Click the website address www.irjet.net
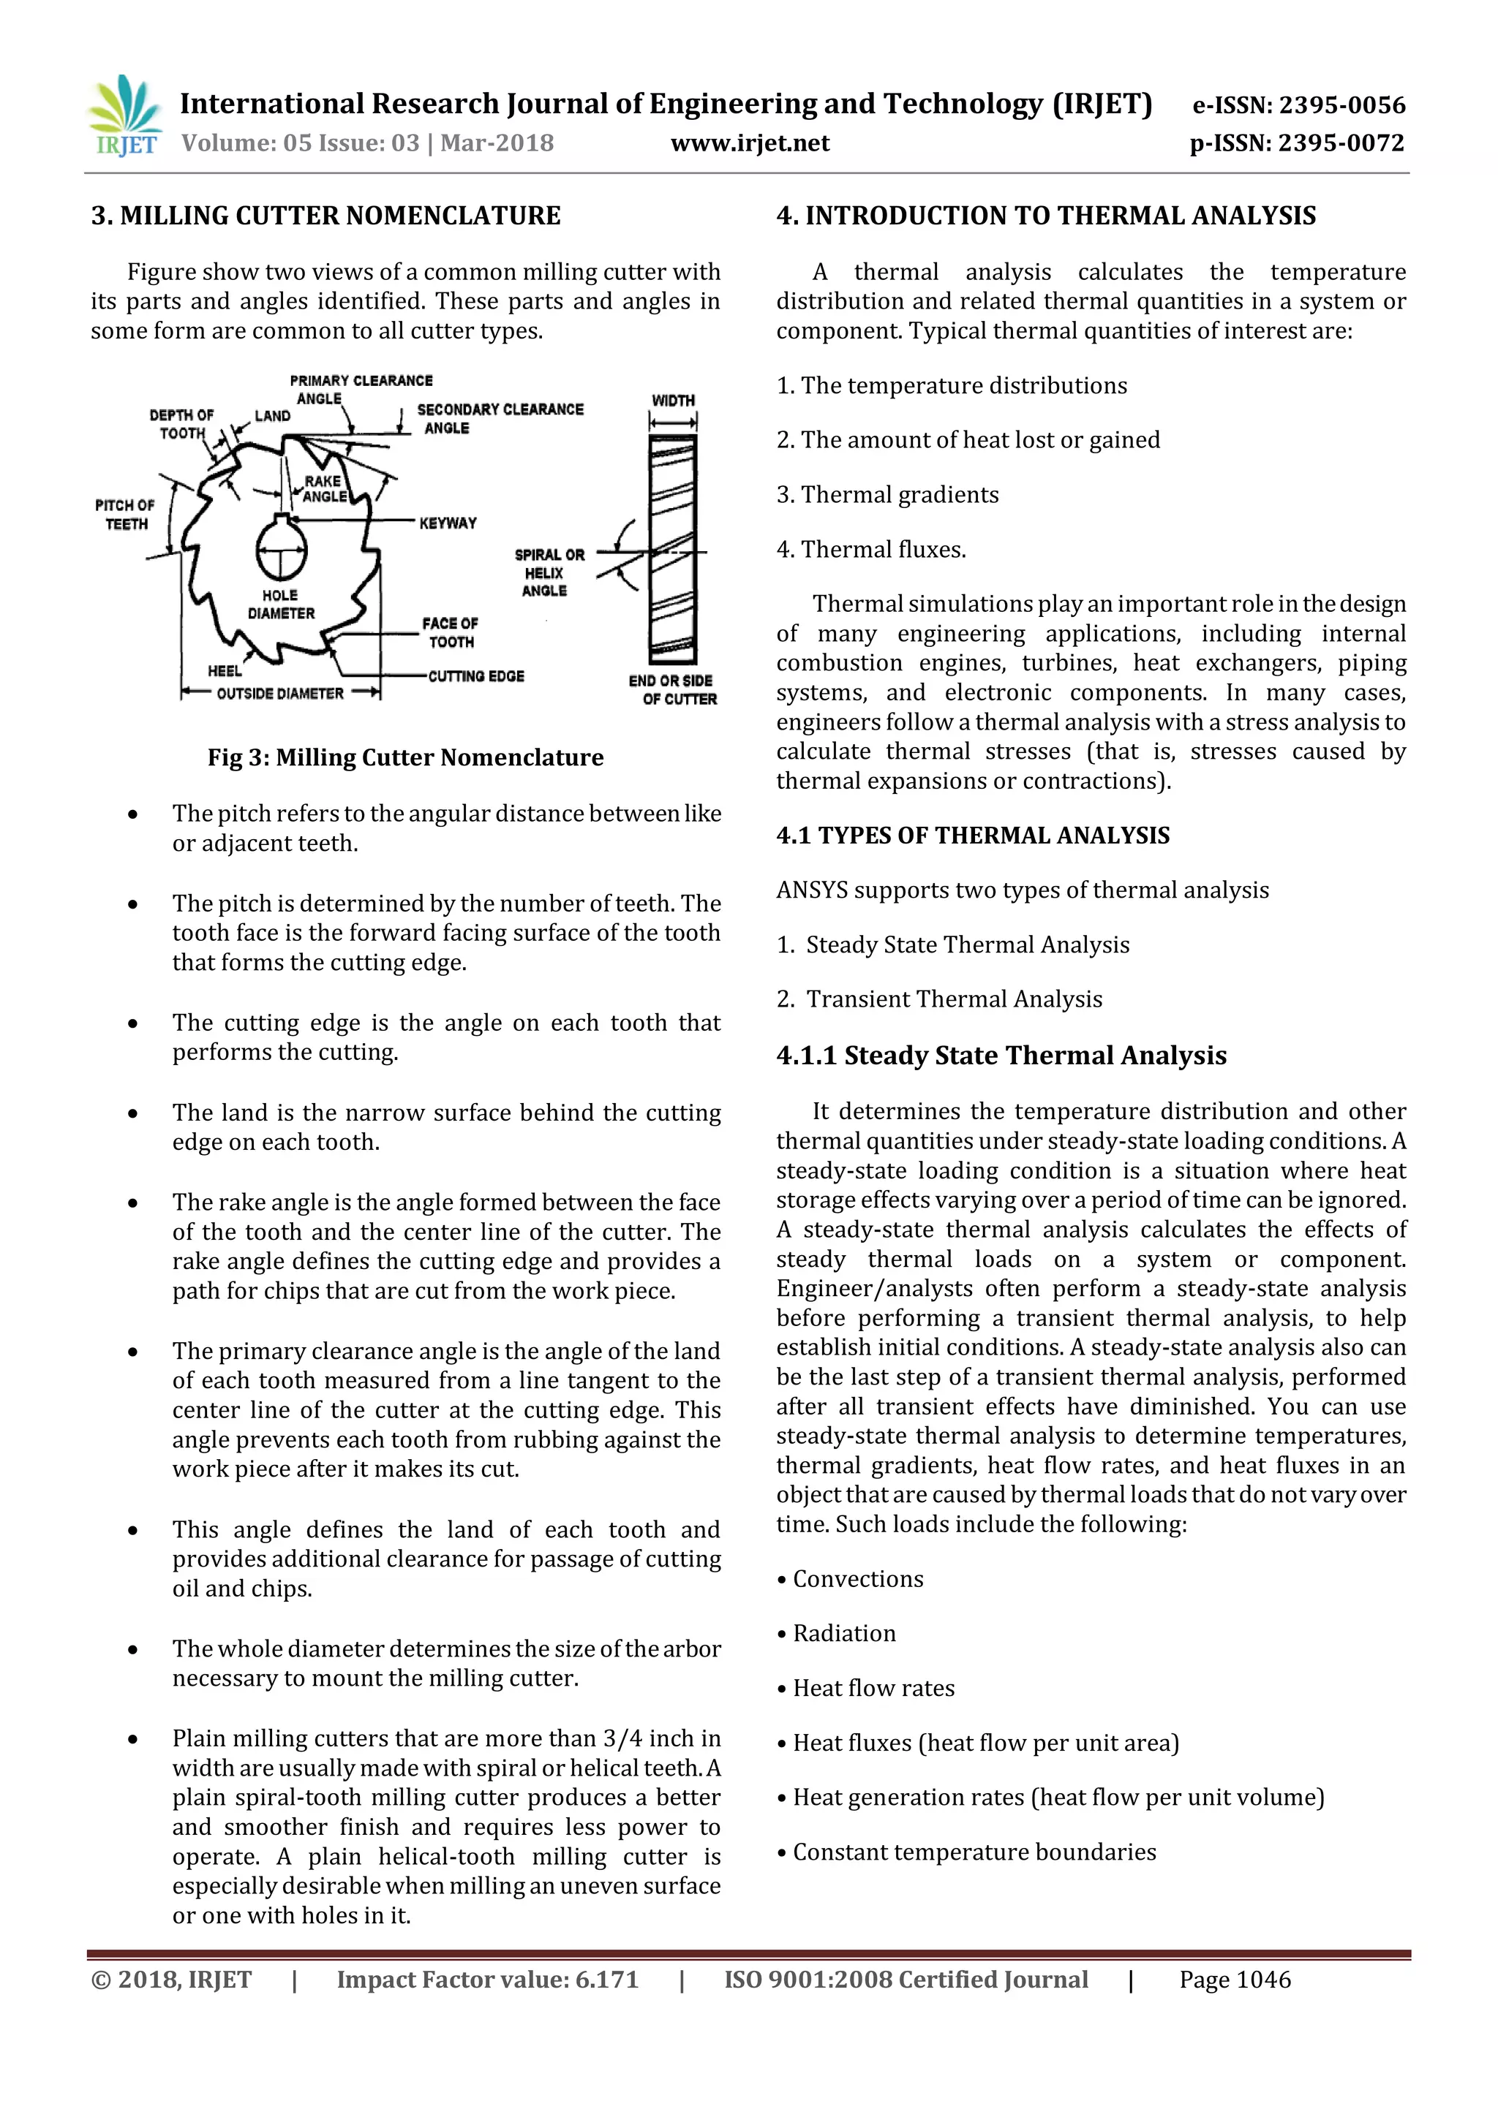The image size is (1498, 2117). click(749, 144)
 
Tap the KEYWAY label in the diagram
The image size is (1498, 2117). click(448, 523)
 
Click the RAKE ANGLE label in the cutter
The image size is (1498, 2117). click(324, 489)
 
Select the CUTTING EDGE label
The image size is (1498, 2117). click(476, 676)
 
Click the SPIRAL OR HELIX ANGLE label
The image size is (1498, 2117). click(549, 572)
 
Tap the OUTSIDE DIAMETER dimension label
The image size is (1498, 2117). click(279, 694)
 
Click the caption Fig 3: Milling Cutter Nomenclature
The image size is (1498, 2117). click(405, 757)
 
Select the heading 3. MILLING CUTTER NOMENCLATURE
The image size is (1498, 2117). click(325, 216)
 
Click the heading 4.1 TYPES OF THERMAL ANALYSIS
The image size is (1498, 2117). click(972, 836)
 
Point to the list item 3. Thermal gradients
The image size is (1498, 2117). click(887, 495)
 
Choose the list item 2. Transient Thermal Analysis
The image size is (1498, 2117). click(939, 999)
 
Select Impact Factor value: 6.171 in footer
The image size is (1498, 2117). click(487, 1980)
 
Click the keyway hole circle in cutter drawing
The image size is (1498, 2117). click(282, 550)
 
